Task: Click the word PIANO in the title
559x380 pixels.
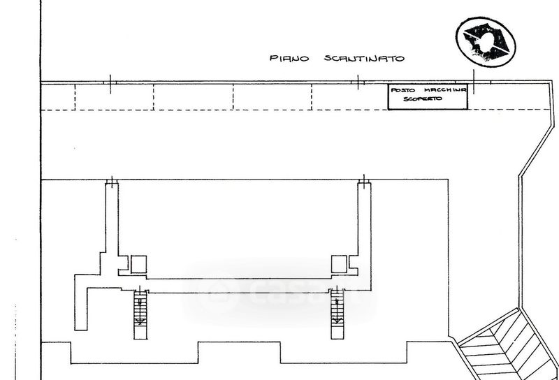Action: tap(289, 58)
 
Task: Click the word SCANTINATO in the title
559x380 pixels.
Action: tap(364, 58)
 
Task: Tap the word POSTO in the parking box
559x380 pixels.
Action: tap(403, 90)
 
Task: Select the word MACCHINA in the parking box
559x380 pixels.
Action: tap(445, 90)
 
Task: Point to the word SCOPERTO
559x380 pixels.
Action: tap(423, 98)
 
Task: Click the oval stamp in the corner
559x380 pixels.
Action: tap(486, 42)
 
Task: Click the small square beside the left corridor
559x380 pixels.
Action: tap(138, 265)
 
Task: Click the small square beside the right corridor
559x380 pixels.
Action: tap(339, 264)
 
